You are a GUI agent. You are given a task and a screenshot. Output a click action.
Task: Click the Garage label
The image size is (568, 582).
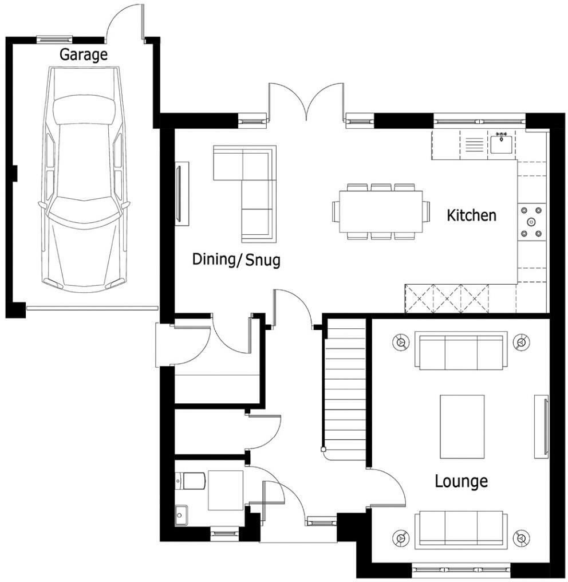click(x=84, y=55)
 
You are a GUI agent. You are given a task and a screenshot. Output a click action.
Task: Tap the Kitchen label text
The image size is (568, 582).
click(x=471, y=216)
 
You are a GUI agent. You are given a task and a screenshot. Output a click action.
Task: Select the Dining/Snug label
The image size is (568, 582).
click(x=236, y=260)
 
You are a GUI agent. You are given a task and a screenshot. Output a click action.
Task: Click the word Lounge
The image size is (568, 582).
click(x=461, y=481)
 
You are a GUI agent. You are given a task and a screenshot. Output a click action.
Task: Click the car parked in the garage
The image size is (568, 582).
click(x=84, y=178)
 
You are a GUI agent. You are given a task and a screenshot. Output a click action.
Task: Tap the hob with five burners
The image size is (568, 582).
click(x=532, y=222)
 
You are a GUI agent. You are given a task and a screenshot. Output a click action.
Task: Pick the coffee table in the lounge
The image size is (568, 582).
click(x=462, y=426)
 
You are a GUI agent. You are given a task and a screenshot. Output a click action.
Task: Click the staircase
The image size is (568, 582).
click(x=344, y=390)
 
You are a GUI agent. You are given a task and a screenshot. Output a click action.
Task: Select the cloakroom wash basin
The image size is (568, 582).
click(x=180, y=515)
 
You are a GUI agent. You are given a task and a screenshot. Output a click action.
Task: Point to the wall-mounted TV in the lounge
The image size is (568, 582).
click(x=541, y=426)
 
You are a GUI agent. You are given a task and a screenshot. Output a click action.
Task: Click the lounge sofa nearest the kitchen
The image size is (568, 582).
click(x=461, y=352)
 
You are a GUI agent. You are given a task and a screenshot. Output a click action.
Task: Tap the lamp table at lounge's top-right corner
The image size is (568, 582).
click(x=521, y=343)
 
